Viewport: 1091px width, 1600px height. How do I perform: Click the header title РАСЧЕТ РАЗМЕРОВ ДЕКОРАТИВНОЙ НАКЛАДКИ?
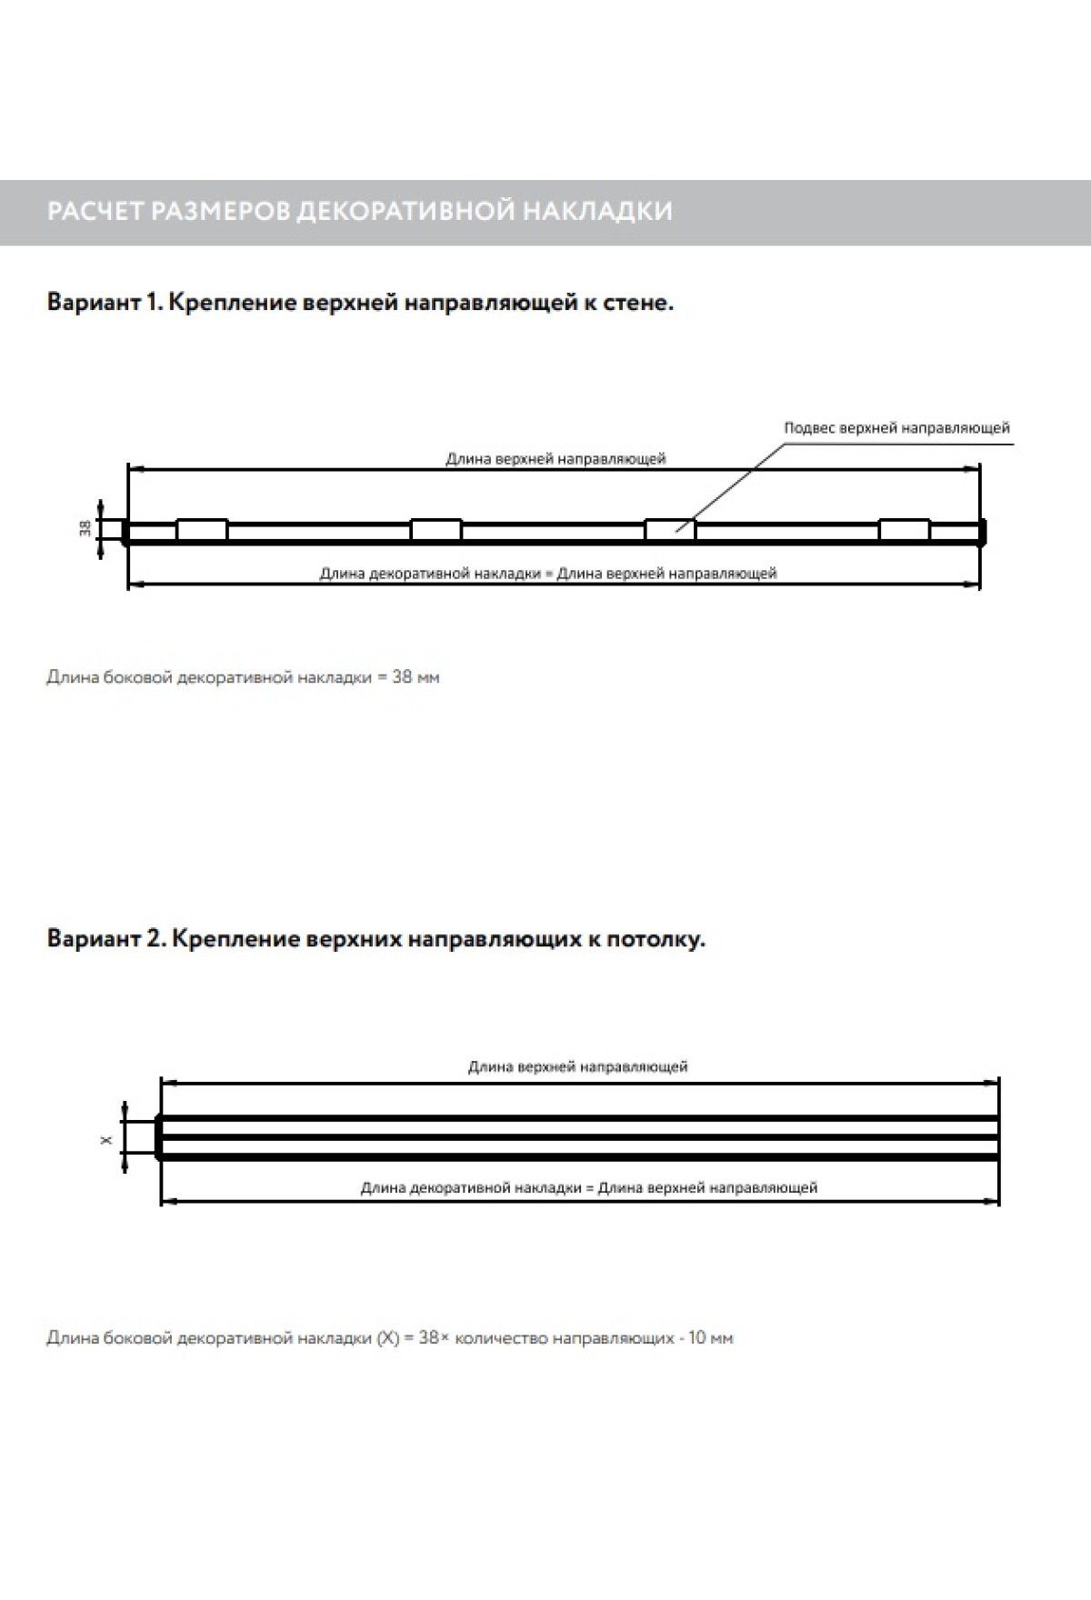pyautogui.click(x=359, y=211)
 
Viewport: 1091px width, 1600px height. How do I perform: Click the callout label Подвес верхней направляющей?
pyautogui.click(x=896, y=427)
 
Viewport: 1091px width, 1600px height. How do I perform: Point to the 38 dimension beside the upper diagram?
pyautogui.click(x=84, y=530)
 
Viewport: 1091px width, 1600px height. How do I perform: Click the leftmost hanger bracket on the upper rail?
pyautogui.click(x=202, y=530)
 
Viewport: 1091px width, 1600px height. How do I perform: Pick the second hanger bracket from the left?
pyautogui.click(x=435, y=530)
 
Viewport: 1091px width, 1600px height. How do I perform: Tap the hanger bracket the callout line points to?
pyautogui.click(x=669, y=530)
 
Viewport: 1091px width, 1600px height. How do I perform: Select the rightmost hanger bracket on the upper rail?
pyautogui.click(x=904, y=530)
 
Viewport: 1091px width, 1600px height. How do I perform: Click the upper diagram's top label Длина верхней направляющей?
pyautogui.click(x=556, y=459)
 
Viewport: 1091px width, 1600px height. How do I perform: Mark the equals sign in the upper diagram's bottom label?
pyautogui.click(x=549, y=574)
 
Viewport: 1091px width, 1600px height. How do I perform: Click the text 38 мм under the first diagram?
pyautogui.click(x=415, y=677)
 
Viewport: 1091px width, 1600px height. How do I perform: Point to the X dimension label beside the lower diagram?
pyautogui.click(x=106, y=1138)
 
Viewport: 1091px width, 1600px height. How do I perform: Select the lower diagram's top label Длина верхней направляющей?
pyautogui.click(x=577, y=1066)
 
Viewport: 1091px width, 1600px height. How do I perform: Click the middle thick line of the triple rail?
pyautogui.click(x=579, y=1137)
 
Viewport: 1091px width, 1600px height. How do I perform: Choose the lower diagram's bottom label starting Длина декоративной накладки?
pyautogui.click(x=588, y=1187)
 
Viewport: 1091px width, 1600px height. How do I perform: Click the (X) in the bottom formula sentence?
pyautogui.click(x=387, y=1338)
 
